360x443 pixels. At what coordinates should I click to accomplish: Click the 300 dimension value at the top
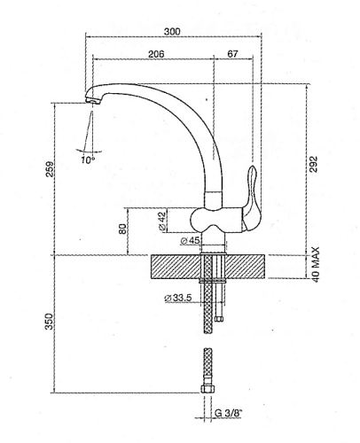click(172, 31)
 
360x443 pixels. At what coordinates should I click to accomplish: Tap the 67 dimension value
click(232, 54)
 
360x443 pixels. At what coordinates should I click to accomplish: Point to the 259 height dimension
click(50, 167)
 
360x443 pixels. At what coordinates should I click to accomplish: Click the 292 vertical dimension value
click(312, 167)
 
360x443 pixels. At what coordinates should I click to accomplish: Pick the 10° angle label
click(88, 160)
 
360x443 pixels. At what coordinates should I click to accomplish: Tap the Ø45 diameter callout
click(190, 241)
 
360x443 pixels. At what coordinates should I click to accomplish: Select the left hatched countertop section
click(176, 266)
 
